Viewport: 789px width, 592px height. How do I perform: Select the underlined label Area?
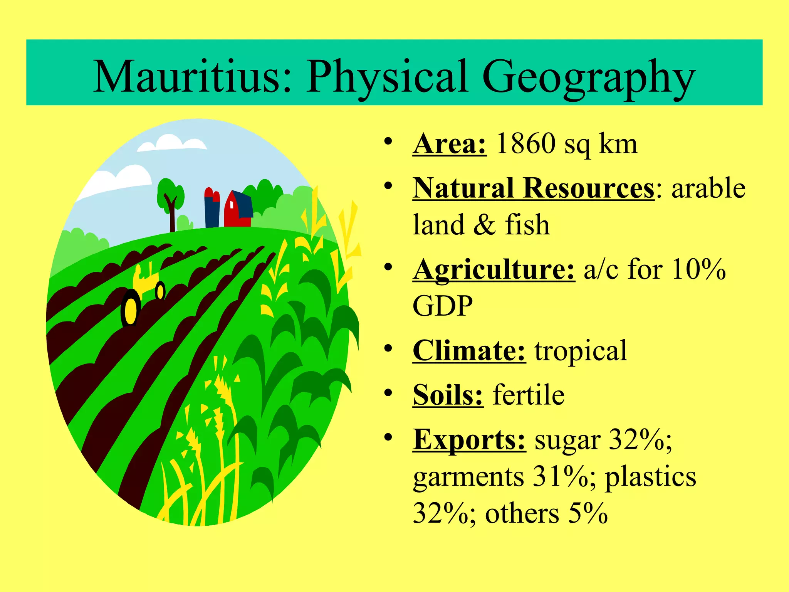click(449, 144)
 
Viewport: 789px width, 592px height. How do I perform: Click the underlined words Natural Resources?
click(533, 188)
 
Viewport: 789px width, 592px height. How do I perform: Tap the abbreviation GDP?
click(443, 306)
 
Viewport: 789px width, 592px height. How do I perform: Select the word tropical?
click(581, 351)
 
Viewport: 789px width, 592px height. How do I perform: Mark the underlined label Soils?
click(448, 395)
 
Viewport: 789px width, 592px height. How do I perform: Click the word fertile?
click(529, 395)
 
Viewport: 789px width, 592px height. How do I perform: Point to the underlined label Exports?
click(469, 439)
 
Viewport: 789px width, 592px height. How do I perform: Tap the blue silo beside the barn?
click(212, 210)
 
